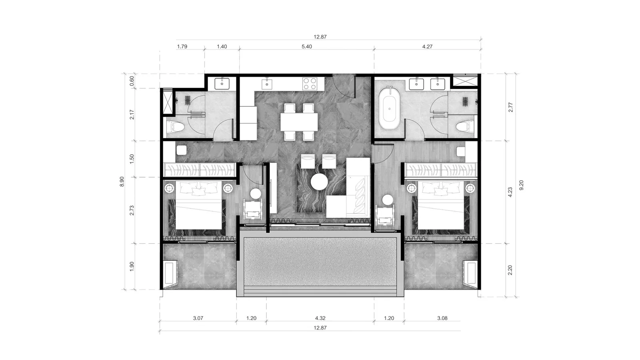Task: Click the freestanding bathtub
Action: coord(389,109)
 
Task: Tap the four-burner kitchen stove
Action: coord(310,84)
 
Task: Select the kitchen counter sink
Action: coord(267,84)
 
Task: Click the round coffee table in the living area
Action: coord(319,182)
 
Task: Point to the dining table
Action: coord(299,122)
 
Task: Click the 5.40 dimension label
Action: coord(307,46)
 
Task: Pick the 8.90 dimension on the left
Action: coord(122,182)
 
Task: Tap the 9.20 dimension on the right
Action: coord(522,185)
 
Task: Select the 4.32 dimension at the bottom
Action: coord(320,318)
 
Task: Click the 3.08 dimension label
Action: coord(442,318)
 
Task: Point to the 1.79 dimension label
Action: coord(182,46)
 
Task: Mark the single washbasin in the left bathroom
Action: coord(222,84)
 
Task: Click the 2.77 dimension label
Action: coord(510,107)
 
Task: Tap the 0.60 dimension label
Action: coord(132,81)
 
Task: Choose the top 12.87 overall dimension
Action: coord(320,37)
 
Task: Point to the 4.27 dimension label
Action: coord(428,46)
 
